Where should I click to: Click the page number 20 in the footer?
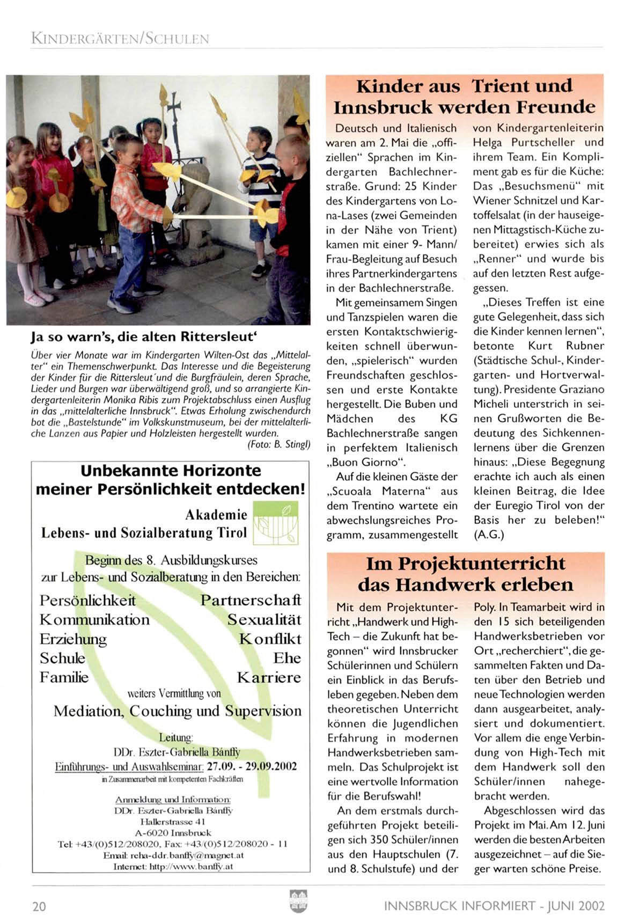click(x=39, y=906)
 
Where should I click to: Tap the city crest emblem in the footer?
click(x=298, y=901)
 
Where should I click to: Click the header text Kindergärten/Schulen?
click(x=120, y=39)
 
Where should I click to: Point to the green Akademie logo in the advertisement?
click(x=275, y=523)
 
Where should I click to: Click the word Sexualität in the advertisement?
click(x=264, y=619)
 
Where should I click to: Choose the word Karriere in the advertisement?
click(x=269, y=677)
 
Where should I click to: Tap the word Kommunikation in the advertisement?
click(x=94, y=619)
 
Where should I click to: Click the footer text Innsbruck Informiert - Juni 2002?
click(x=494, y=906)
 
